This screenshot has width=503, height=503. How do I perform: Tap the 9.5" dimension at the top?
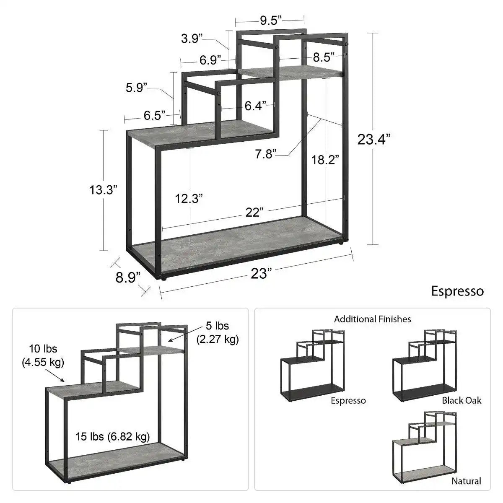tap(270, 21)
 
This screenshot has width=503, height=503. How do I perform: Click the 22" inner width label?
tap(254, 212)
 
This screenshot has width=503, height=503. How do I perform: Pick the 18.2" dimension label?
tap(325, 159)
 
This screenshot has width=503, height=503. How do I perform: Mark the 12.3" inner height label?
tap(189, 198)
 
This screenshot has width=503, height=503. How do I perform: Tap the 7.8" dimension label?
tap(266, 154)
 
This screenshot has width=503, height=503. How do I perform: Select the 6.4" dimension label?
tap(255, 106)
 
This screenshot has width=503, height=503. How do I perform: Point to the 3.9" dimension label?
tap(192, 39)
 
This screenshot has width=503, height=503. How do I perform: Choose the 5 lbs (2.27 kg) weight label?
tap(217, 332)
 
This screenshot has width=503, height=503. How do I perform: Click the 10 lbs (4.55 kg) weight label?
tap(43, 355)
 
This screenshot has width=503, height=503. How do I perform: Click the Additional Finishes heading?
tap(372, 319)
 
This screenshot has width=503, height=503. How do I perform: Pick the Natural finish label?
tap(466, 481)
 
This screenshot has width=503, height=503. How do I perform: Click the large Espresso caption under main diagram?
tap(457, 291)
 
